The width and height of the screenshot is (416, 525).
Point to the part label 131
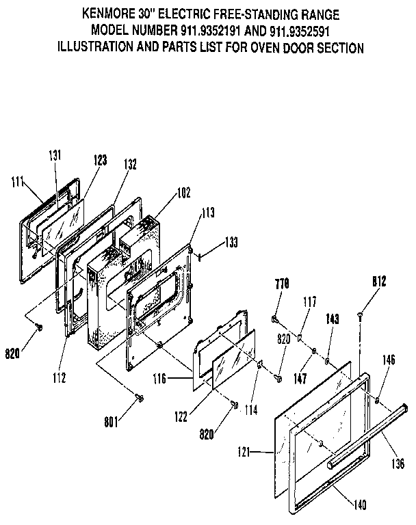pyautogui.click(x=55, y=155)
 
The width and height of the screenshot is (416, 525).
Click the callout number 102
pyautogui.click(x=183, y=193)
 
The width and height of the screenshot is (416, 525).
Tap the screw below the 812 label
pyautogui.click(x=360, y=314)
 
